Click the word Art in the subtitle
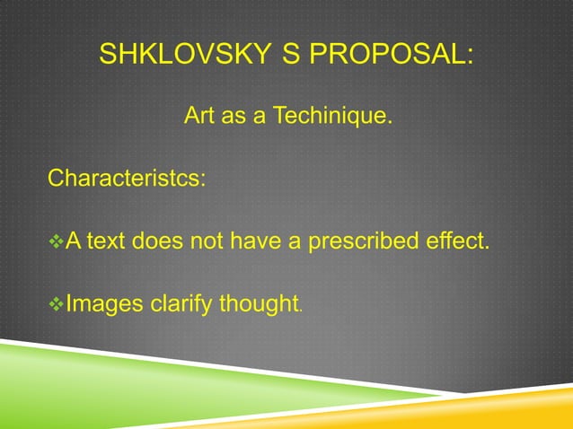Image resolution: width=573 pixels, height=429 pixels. click(x=199, y=117)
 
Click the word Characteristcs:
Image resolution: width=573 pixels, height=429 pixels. click(x=126, y=178)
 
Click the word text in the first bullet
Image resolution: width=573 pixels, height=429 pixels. click(x=108, y=241)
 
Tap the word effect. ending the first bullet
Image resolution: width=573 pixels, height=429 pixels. click(x=459, y=241)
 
